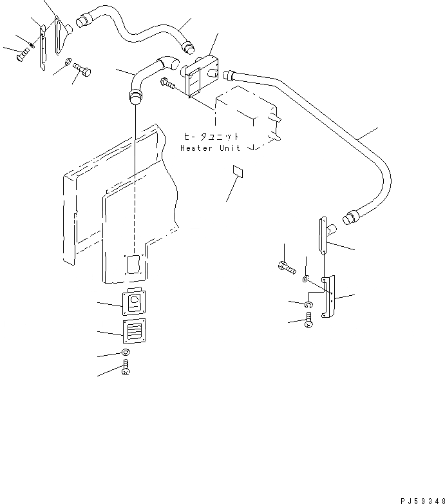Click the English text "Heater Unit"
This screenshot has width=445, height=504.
(210, 148)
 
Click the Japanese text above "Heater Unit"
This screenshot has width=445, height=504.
(211, 137)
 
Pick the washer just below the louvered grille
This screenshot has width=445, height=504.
(125, 353)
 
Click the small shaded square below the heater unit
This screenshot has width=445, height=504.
(238, 172)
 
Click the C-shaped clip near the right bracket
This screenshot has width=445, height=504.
(310, 304)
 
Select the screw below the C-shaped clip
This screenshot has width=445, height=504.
(310, 320)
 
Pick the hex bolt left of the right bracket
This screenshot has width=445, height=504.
(285, 265)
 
